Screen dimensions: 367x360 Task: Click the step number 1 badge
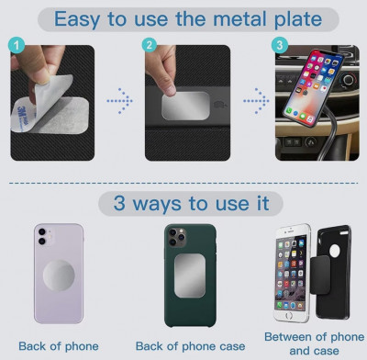point(17,46)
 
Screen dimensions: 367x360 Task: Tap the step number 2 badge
point(150,45)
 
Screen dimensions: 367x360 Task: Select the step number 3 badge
point(280,45)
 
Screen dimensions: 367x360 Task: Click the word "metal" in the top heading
point(239,19)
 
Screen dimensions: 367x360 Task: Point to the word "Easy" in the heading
point(77,20)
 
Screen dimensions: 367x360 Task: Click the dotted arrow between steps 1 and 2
point(119,101)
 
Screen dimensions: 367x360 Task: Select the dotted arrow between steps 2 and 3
point(256,101)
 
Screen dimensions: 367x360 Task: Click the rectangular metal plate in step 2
point(185,106)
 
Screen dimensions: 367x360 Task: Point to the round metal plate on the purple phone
point(59,276)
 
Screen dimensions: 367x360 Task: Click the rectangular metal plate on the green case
point(190,276)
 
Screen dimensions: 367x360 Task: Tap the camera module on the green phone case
point(177,237)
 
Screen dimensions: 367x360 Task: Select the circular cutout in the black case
point(335,251)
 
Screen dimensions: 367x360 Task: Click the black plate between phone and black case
point(320,275)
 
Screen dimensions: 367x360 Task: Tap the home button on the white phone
point(289,315)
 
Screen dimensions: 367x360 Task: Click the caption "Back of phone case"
point(190,346)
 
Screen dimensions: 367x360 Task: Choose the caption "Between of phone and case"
point(314,343)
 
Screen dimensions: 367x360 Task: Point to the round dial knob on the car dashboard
point(349,81)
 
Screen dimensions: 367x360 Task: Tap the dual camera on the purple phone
point(42,236)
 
